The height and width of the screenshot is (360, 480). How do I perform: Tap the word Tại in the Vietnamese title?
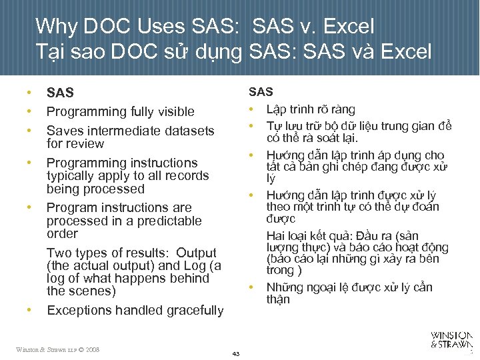click(51, 51)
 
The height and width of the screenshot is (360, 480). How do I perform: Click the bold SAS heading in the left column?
click(60, 93)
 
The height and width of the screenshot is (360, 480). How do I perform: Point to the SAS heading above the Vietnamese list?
click(261, 92)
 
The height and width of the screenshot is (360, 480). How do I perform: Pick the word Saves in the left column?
click(64, 131)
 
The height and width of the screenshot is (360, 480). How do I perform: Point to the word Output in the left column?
click(196, 253)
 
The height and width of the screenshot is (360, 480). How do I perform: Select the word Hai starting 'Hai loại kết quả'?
click(276, 235)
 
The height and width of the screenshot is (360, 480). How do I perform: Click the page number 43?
click(235, 353)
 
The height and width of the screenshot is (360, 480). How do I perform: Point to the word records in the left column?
click(186, 176)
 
